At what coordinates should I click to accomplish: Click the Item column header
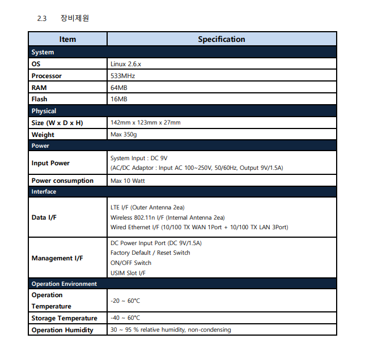(67, 39)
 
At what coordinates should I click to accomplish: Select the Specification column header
(221, 39)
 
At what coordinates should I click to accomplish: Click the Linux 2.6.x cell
(125, 64)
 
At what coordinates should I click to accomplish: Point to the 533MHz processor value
(122, 76)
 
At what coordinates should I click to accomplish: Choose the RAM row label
(39, 88)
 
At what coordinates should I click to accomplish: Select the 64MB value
(119, 88)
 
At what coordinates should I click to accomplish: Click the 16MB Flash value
(119, 99)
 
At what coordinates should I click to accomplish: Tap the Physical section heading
(44, 111)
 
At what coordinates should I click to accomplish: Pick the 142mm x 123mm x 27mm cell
(146, 123)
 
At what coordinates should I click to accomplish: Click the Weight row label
(43, 135)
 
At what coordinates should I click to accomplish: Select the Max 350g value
(124, 135)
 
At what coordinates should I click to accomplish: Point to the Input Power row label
(50, 163)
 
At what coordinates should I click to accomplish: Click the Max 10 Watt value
(128, 181)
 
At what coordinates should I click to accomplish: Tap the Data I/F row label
(44, 217)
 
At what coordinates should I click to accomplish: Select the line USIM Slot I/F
(128, 273)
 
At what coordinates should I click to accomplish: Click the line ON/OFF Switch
(131, 263)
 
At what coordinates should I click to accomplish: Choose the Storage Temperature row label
(64, 318)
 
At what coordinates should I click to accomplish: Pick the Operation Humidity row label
(62, 330)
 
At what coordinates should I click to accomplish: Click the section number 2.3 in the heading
(41, 18)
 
